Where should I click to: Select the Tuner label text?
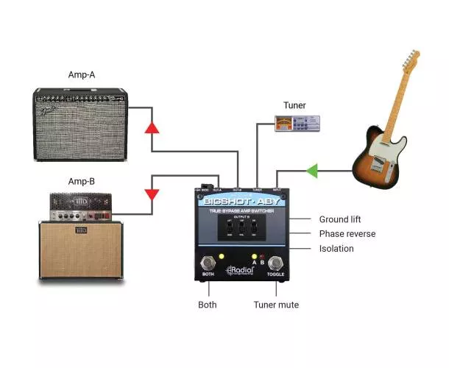point(294,105)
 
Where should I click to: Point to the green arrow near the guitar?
point(312,171)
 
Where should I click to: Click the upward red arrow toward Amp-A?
point(152,127)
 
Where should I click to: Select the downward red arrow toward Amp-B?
point(152,195)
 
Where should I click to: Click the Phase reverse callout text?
point(347,234)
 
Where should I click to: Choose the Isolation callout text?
point(336,249)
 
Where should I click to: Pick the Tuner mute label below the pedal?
point(276,305)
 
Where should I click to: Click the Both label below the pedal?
point(208,305)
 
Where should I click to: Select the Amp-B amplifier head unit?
point(81,207)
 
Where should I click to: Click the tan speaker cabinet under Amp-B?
point(81,250)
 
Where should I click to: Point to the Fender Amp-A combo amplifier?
point(81,123)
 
